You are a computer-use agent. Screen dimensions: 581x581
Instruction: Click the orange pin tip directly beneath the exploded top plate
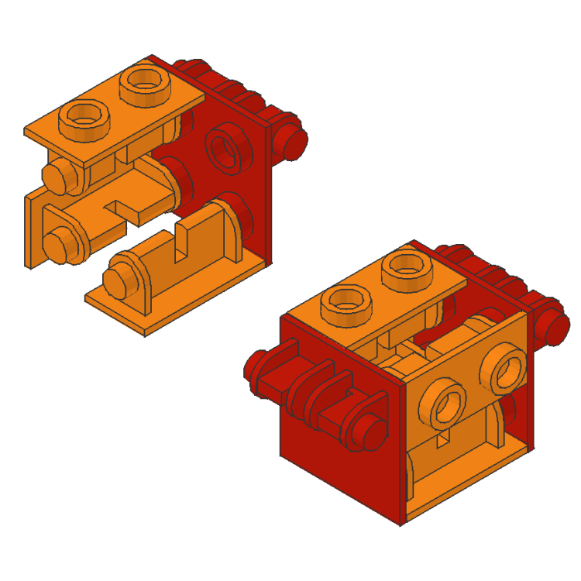[x=57, y=177]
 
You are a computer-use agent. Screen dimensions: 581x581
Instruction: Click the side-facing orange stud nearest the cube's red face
[x=447, y=406]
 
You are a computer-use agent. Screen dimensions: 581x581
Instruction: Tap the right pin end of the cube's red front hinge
[x=370, y=433]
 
